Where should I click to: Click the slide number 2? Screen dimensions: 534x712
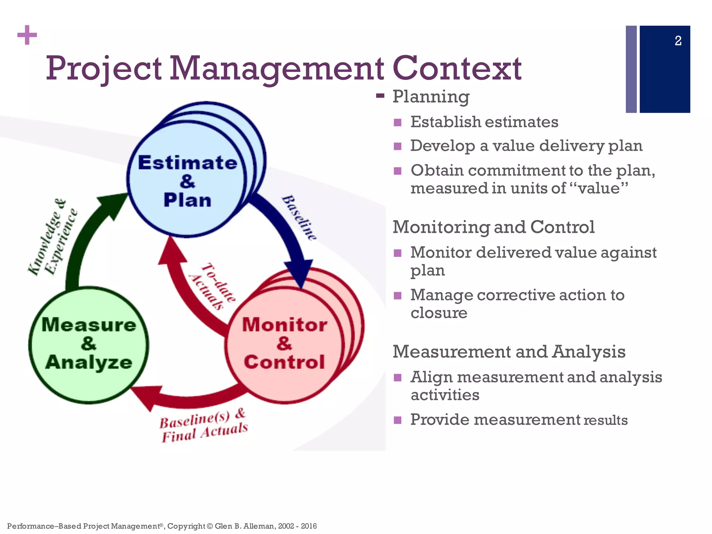(678, 41)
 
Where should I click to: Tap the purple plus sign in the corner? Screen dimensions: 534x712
(27, 35)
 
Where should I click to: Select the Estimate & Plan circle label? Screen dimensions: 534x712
(187, 181)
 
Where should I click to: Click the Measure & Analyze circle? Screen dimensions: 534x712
(89, 344)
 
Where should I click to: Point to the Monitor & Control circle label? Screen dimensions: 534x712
(284, 343)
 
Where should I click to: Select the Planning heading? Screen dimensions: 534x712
(431, 96)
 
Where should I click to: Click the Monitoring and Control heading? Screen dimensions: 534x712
(493, 227)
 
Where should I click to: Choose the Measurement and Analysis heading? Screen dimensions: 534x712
(509, 351)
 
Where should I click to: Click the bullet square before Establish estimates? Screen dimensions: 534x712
(398, 123)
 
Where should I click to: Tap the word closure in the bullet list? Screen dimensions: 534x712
(439, 313)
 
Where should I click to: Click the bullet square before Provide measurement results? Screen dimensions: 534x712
(398, 420)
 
